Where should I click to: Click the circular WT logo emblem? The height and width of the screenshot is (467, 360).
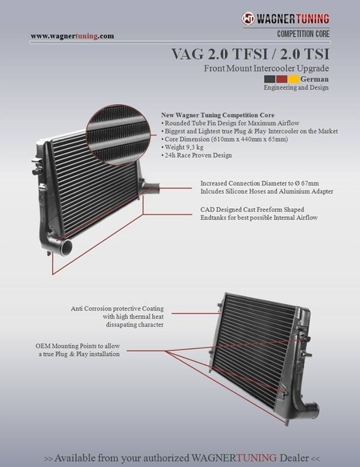pos(248,18)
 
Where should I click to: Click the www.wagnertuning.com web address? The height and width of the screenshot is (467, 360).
pos(72,36)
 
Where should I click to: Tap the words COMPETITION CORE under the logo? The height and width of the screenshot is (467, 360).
pos(303,34)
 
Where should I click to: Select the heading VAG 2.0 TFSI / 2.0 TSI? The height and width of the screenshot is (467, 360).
pos(250,54)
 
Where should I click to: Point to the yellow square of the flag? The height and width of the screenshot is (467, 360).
pos(294,79)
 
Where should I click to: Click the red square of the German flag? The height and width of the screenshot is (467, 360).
pos(282,79)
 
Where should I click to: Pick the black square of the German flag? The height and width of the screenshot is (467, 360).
pos(270,79)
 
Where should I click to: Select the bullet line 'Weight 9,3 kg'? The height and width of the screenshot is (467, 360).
pos(182,147)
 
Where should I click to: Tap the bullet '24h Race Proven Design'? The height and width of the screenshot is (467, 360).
pos(196,155)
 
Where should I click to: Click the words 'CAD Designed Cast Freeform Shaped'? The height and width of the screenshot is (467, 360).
pos(252,209)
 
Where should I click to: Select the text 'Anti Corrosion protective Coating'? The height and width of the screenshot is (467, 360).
pos(117,308)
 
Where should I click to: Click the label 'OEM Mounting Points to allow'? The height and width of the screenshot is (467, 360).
pos(78,346)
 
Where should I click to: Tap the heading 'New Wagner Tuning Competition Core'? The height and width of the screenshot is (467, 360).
pos(218,115)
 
